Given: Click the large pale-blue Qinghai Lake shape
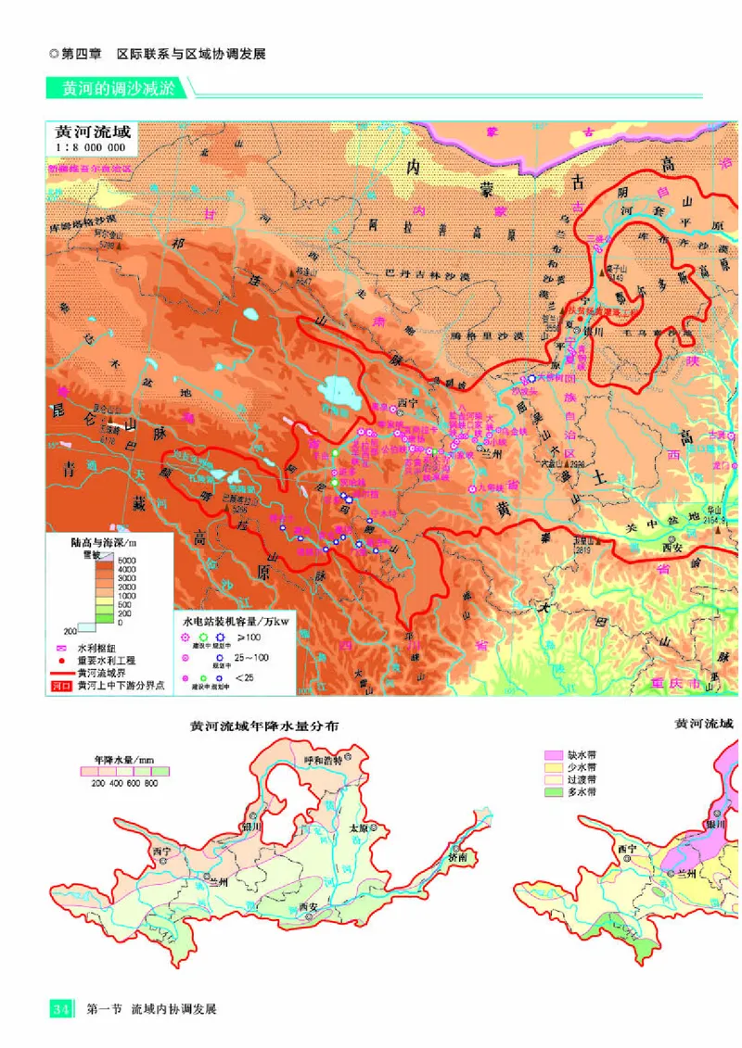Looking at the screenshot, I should click(x=341, y=393).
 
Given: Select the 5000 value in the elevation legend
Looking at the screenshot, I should click(x=126, y=562).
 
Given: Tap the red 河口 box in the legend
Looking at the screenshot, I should click(x=62, y=688).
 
